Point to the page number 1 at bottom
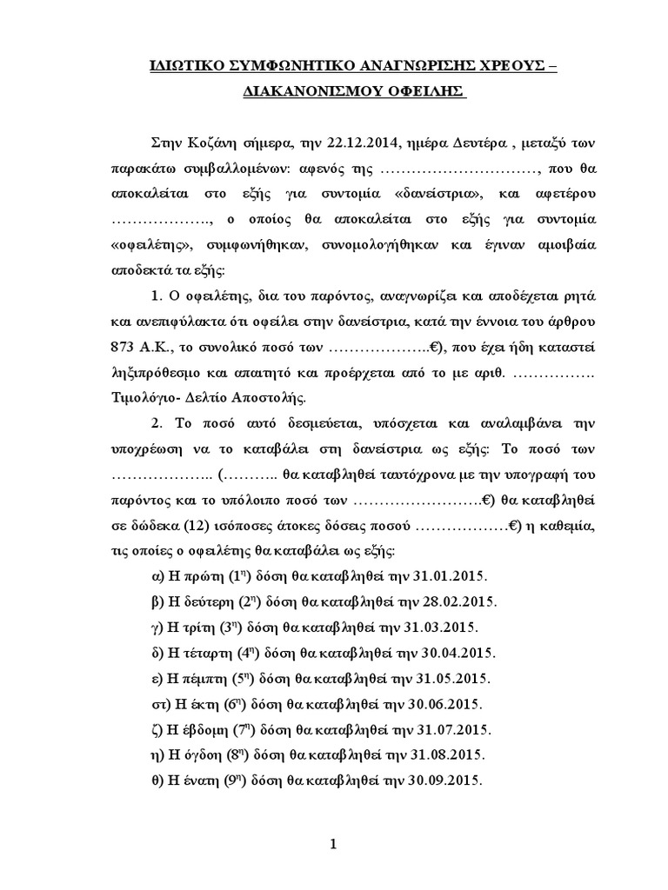pos(334,844)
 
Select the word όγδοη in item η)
pos(198,755)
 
